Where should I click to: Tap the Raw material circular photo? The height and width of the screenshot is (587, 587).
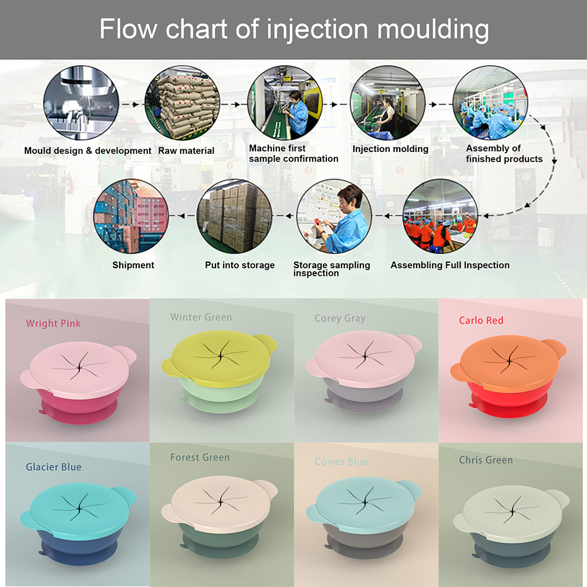(183, 103)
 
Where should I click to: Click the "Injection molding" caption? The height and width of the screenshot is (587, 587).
(390, 149)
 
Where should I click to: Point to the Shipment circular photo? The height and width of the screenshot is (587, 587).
(131, 216)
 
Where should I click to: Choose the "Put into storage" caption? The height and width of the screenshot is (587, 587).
(239, 265)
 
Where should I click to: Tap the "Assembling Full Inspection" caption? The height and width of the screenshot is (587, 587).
(450, 265)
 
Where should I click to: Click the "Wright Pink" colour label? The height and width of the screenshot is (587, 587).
(53, 323)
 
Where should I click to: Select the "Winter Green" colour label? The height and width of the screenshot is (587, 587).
(201, 318)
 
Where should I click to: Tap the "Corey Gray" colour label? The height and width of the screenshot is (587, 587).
(340, 319)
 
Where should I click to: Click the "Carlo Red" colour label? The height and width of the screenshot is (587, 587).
(481, 321)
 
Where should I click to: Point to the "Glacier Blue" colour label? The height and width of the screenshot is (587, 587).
(53, 467)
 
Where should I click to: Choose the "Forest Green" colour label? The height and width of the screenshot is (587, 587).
(200, 457)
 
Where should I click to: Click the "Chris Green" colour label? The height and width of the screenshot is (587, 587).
(486, 460)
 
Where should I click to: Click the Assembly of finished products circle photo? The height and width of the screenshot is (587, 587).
(490, 103)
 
